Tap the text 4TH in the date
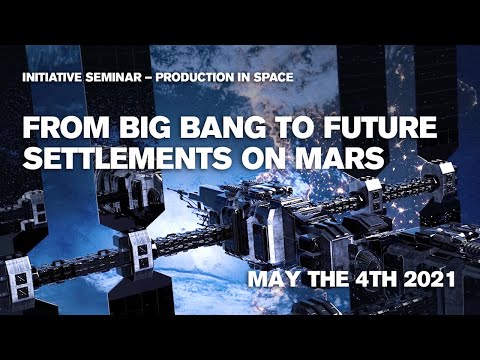point(376,281)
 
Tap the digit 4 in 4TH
point(363,281)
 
